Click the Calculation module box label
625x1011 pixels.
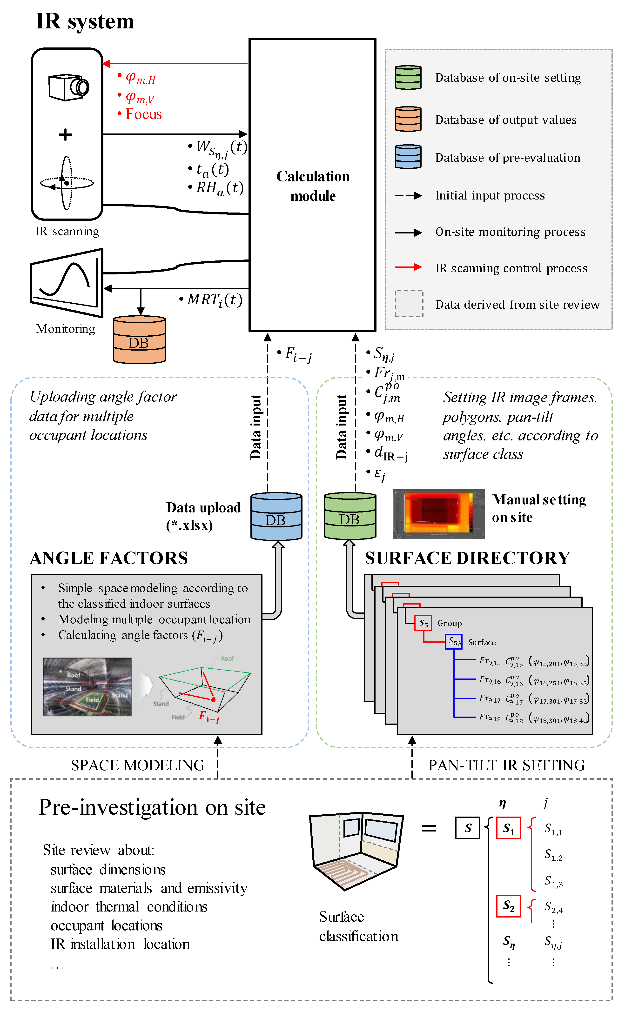click(313, 186)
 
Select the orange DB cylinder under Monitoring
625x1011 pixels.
click(139, 340)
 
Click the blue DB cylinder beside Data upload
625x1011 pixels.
click(276, 516)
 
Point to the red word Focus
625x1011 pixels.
click(143, 114)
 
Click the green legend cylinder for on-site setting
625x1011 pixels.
click(408, 77)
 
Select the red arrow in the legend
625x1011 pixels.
click(408, 267)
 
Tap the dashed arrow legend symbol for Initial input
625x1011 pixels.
click(408, 195)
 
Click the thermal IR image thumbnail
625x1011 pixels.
click(439, 514)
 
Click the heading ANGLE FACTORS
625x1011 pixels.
click(109, 558)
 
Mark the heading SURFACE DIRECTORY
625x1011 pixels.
click(467, 558)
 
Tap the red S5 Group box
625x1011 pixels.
click(423, 623)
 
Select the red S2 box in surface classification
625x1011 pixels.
click(508, 906)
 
